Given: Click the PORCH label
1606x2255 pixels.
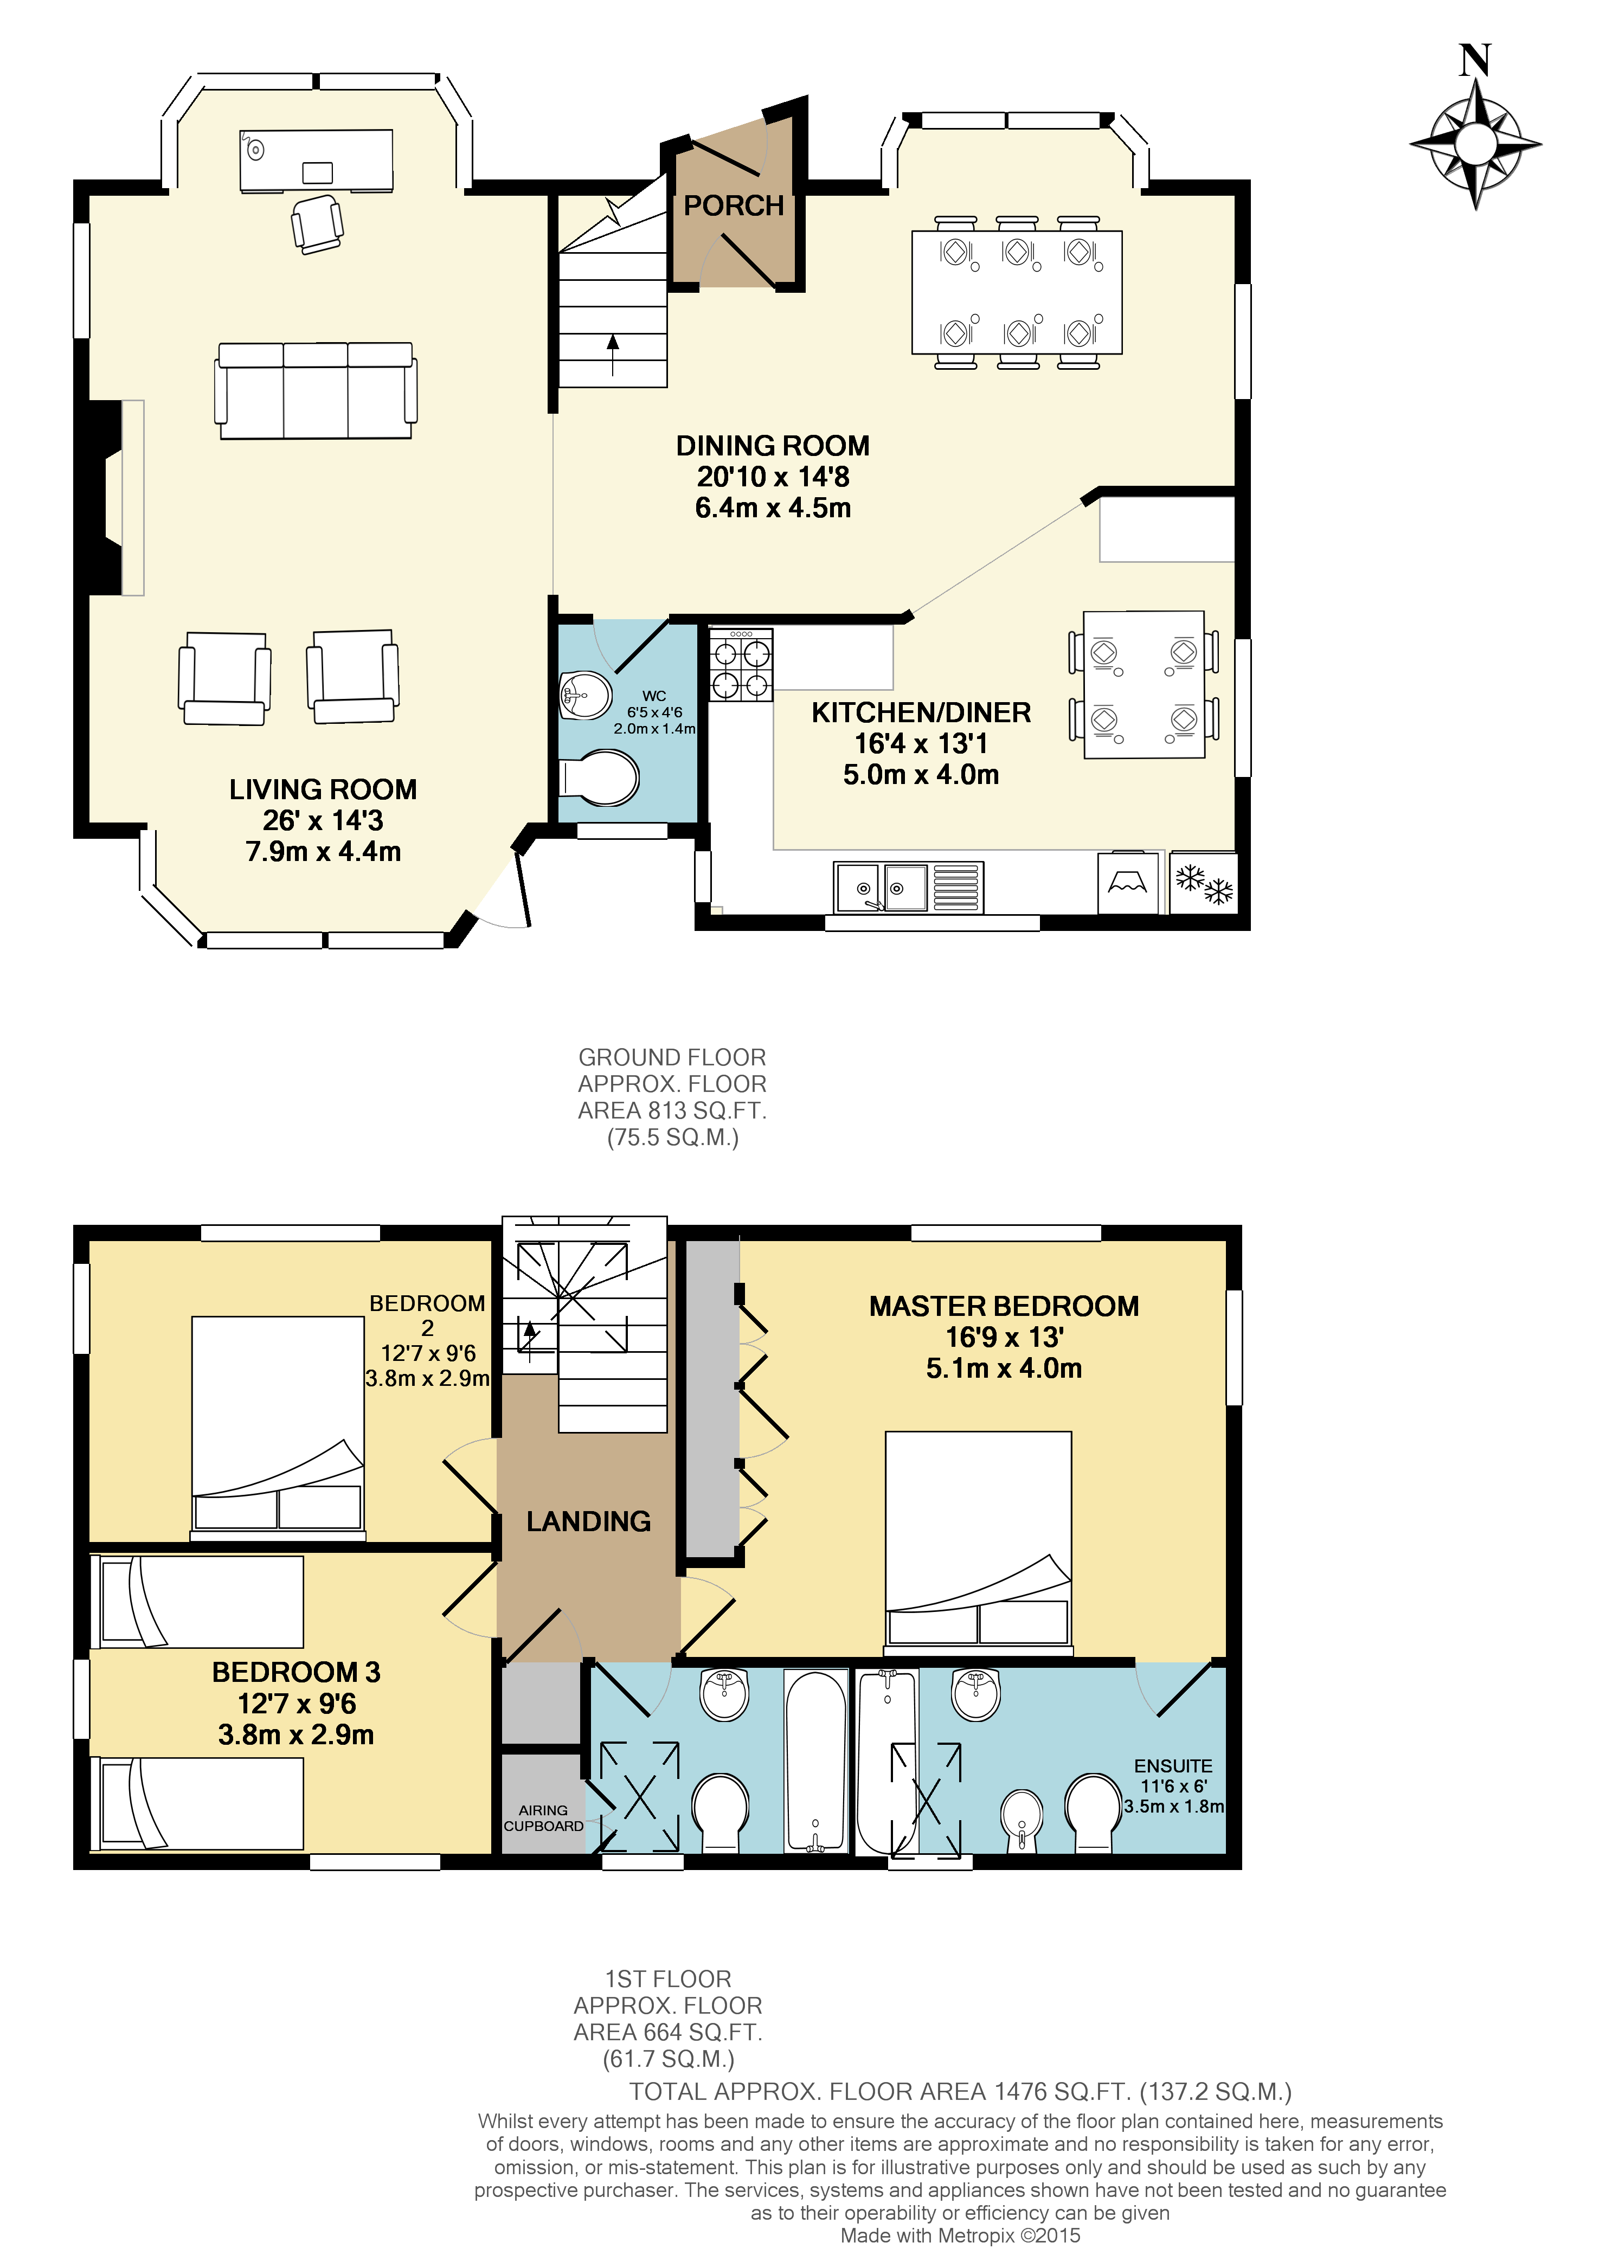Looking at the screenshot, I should point(733,205).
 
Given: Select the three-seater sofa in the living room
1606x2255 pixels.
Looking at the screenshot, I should point(316,391).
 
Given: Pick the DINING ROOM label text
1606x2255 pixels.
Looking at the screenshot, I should point(772,446).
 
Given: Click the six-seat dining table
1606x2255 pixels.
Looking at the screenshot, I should point(1017,293).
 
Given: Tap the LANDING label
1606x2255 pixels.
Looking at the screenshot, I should point(588,1521).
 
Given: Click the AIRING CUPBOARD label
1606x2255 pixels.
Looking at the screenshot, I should point(543,1818).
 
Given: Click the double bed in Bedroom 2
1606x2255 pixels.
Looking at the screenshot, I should point(278,1426).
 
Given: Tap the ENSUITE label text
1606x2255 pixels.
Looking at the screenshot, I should point(1173,1765).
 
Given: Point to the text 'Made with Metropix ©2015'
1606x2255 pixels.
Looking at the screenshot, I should point(959,2235).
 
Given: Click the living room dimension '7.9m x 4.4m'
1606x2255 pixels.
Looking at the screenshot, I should point(323,852).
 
